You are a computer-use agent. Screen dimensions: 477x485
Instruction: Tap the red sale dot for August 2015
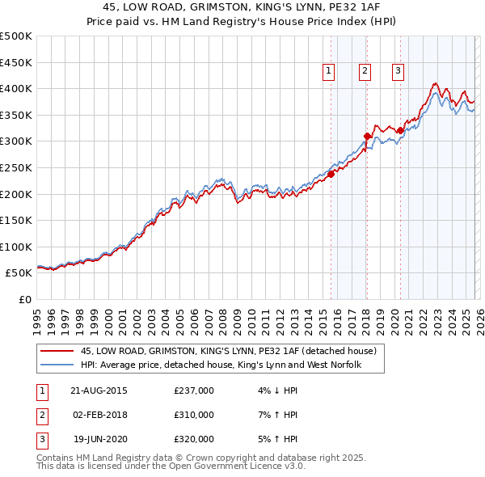pos(331,174)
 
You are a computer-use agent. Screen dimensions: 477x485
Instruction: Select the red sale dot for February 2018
pos(367,136)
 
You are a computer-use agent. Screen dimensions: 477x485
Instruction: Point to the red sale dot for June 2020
pos(400,130)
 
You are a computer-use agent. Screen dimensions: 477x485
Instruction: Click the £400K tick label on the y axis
pos(16,88)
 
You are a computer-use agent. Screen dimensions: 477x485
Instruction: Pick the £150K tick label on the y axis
pos(16,220)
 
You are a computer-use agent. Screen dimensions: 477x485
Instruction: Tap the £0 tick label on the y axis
pos(25,299)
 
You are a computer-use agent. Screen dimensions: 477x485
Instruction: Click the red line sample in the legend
pos(57,352)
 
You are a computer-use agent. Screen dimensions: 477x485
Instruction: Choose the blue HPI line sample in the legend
pos(57,365)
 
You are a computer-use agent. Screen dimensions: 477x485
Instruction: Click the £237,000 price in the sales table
pos(194,390)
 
